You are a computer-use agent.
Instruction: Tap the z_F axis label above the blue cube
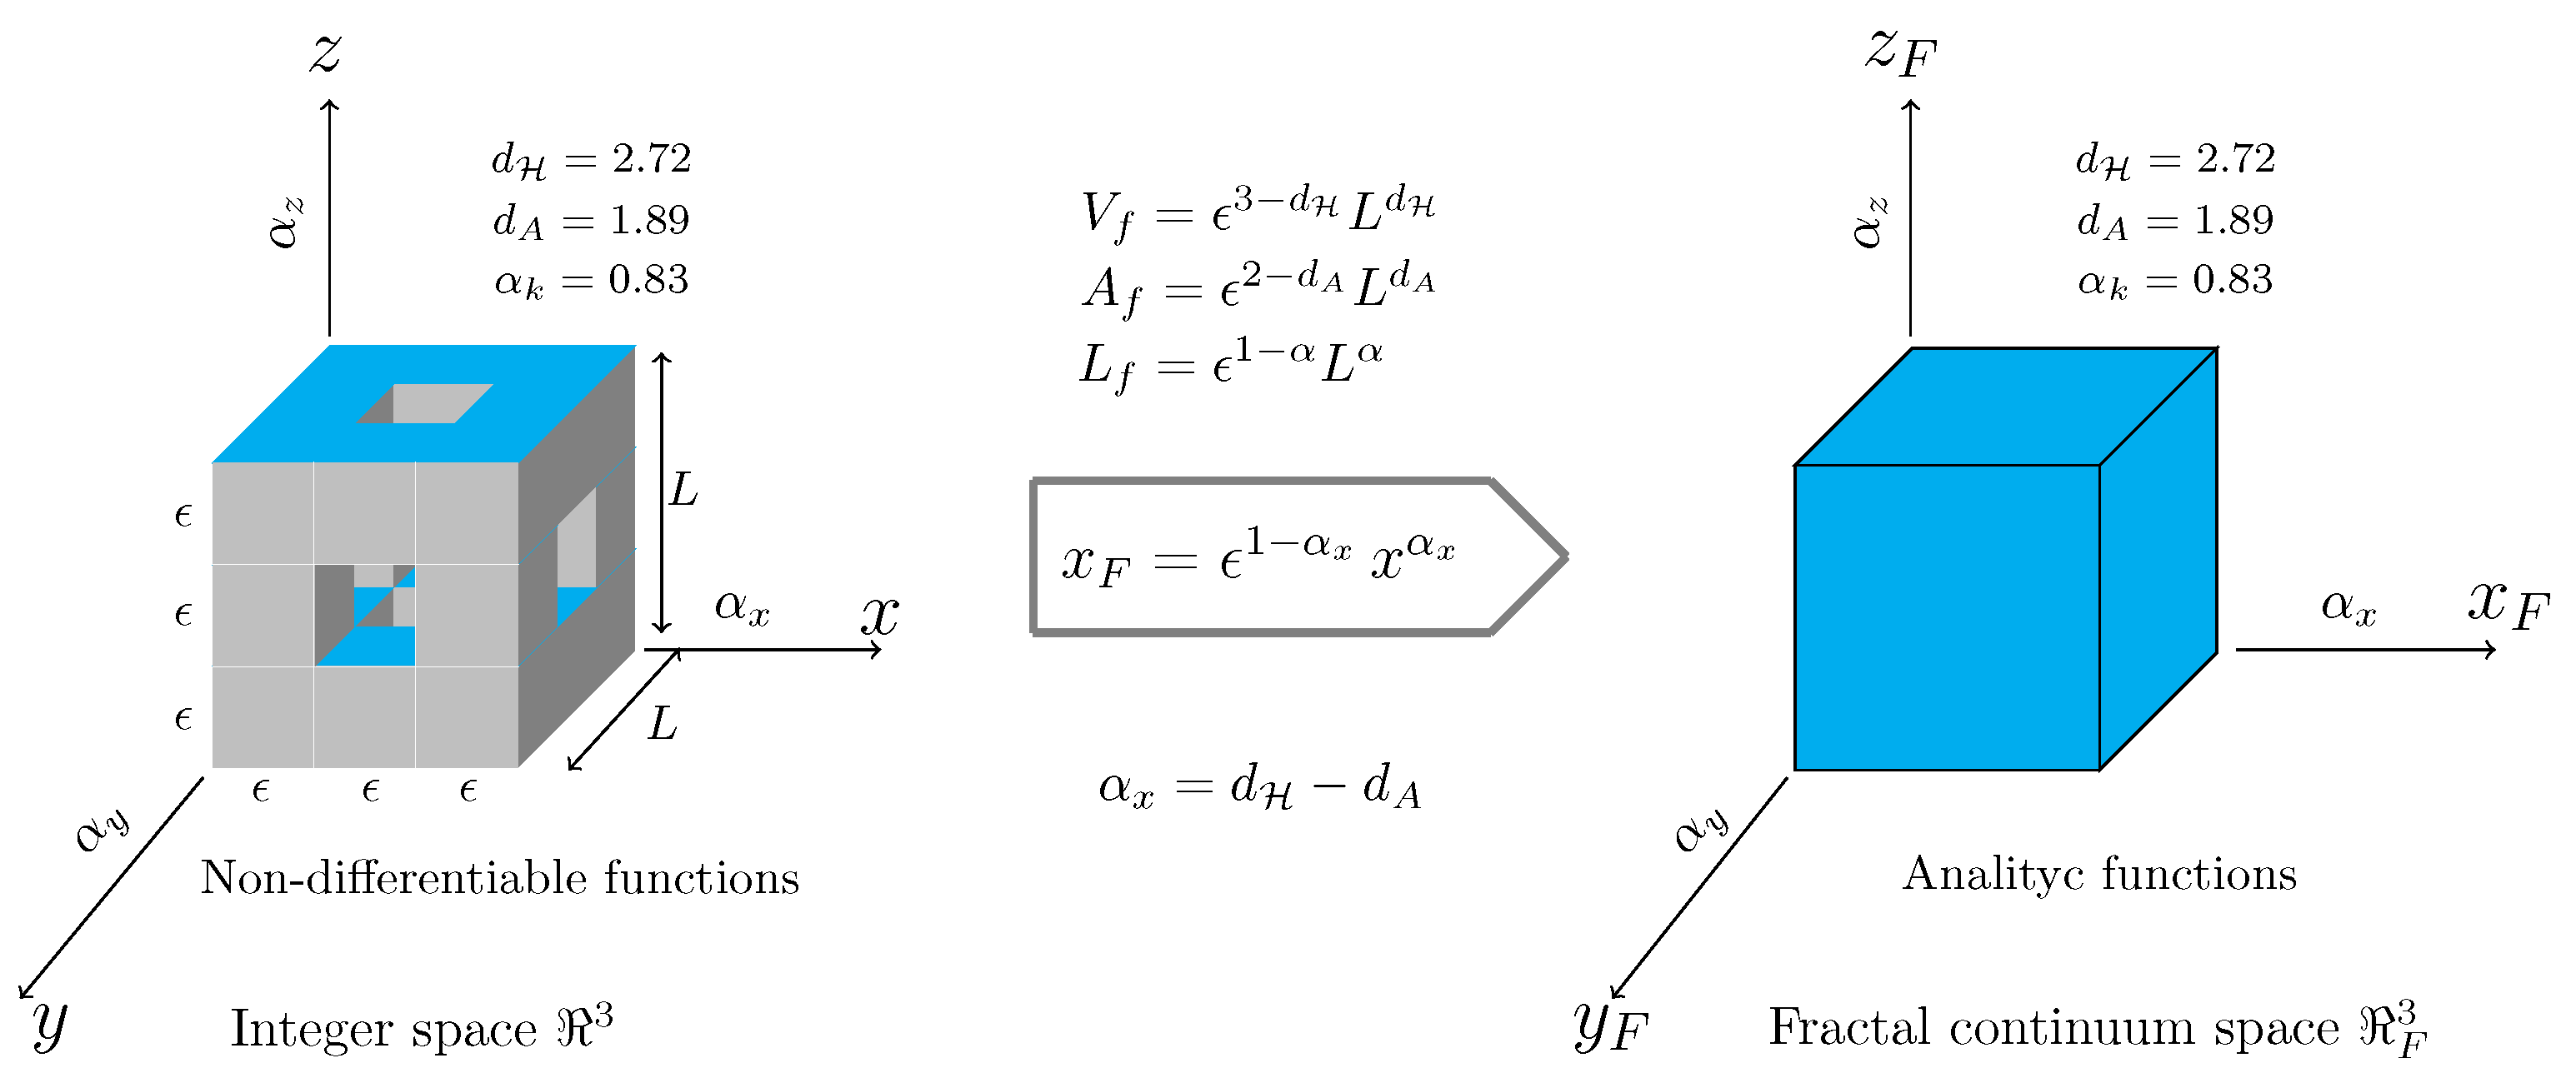[1900, 52]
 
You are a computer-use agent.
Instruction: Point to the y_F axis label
[1608, 1025]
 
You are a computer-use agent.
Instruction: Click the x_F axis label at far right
[2508, 606]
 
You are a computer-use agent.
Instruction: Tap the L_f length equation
[1230, 363]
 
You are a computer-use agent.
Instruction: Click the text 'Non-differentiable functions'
[499, 878]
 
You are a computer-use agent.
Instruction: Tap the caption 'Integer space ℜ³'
[421, 1028]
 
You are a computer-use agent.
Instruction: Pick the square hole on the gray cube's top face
[425, 403]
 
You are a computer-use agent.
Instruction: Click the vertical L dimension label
[683, 490]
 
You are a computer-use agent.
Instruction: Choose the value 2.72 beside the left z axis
[651, 158]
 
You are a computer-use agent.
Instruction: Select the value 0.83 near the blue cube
[2232, 280]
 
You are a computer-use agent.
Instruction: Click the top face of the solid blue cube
[2005, 405]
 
